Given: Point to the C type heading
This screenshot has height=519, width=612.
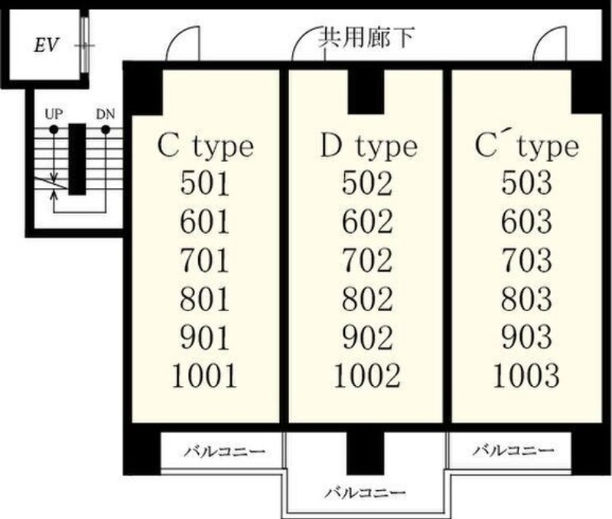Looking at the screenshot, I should (x=205, y=145).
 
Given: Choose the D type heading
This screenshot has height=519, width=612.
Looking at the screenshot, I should (x=367, y=145).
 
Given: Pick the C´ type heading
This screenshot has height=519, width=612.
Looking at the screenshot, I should (x=527, y=145).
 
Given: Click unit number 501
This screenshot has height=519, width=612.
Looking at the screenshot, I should (x=205, y=183).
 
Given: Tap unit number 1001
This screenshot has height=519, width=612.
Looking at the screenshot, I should (x=205, y=375).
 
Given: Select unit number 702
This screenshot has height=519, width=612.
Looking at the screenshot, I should (x=367, y=260).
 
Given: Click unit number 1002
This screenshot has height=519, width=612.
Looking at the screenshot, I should (x=367, y=375).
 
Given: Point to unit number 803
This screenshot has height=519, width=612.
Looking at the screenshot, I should (x=527, y=298).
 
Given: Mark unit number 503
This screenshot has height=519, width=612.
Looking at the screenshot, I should (x=527, y=183).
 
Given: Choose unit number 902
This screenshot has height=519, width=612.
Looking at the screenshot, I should (x=367, y=337).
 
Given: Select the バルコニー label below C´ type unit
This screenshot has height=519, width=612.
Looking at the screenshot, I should (x=512, y=450).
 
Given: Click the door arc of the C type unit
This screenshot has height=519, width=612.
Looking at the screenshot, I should (x=184, y=42).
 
